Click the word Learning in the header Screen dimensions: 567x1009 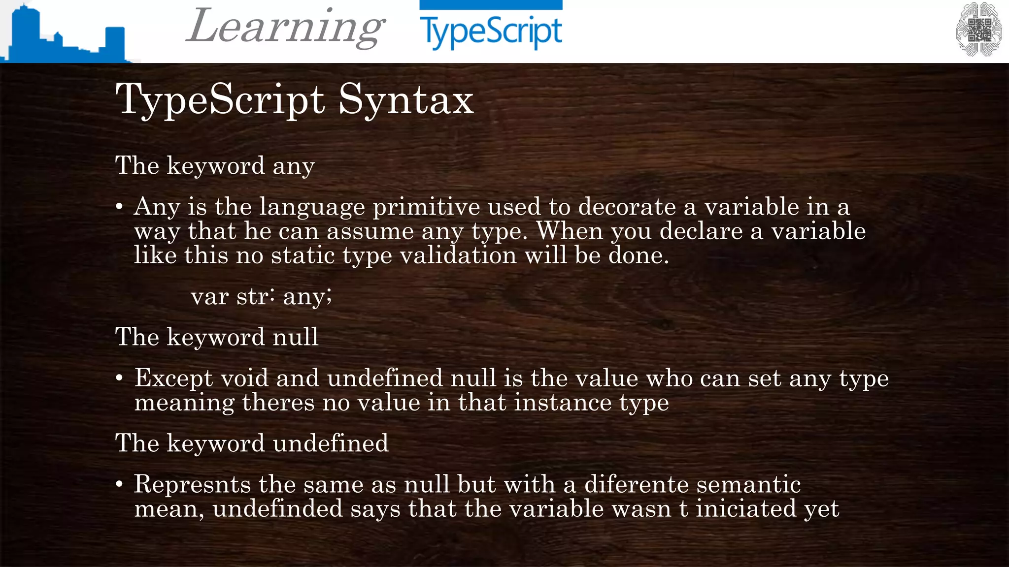tap(286, 27)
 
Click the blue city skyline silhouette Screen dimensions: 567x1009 tap(64, 37)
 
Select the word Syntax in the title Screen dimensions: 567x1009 tap(405, 100)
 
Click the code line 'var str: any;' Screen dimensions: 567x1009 tap(261, 296)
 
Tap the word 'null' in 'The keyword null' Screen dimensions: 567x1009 tap(296, 337)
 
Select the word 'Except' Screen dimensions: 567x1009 tap(174, 378)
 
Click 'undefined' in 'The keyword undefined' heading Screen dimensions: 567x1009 tap(331, 443)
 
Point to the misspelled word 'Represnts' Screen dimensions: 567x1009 tap(193, 484)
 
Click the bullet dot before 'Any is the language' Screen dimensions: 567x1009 tap(119, 207)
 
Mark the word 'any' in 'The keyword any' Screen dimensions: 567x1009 tap(294, 166)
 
